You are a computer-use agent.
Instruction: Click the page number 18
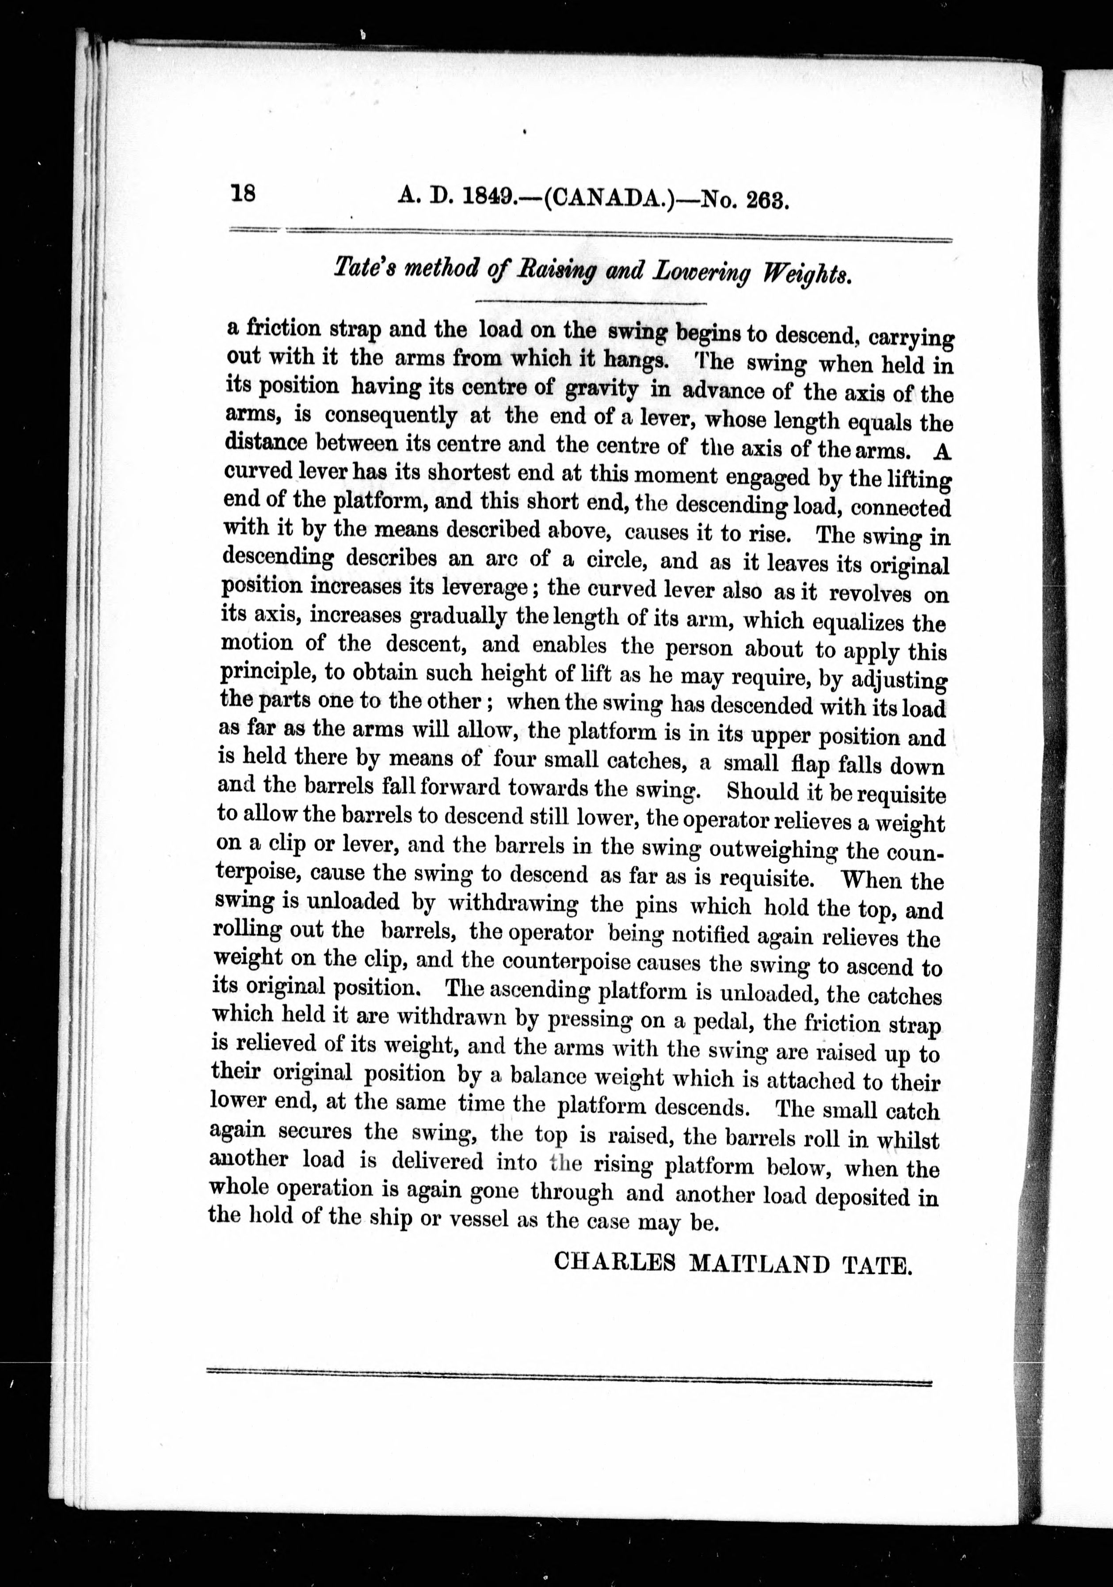tap(244, 193)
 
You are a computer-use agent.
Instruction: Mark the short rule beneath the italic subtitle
tap(591, 303)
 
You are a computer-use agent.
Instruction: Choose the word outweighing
tap(770, 850)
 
